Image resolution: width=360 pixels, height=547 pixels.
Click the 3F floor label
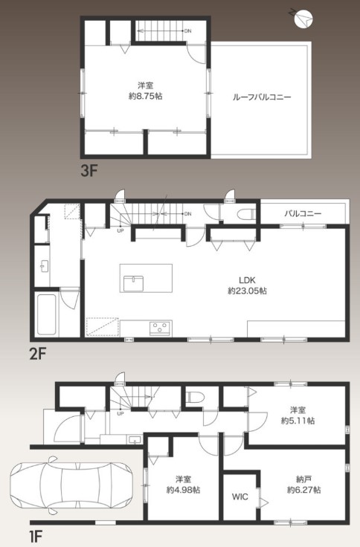pyautogui.click(x=89, y=169)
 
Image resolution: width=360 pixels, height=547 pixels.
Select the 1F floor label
pyautogui.click(x=37, y=534)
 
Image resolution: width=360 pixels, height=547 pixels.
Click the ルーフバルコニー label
pyautogui.click(x=262, y=97)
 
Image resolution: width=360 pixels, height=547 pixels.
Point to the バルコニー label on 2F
pyautogui.click(x=303, y=213)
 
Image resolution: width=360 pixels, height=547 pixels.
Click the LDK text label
pyautogui.click(x=247, y=279)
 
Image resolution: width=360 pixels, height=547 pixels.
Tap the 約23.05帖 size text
pyautogui.click(x=247, y=291)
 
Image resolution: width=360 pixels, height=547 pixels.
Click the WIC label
pyautogui.click(x=240, y=496)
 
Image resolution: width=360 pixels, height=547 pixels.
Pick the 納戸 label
pyautogui.click(x=303, y=479)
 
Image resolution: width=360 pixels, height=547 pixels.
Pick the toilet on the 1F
pyautogui.click(x=196, y=398)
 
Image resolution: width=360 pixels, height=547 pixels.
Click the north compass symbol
pyautogui.click(x=303, y=16)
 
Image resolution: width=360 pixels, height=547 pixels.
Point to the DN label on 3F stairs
pyautogui.click(x=187, y=30)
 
